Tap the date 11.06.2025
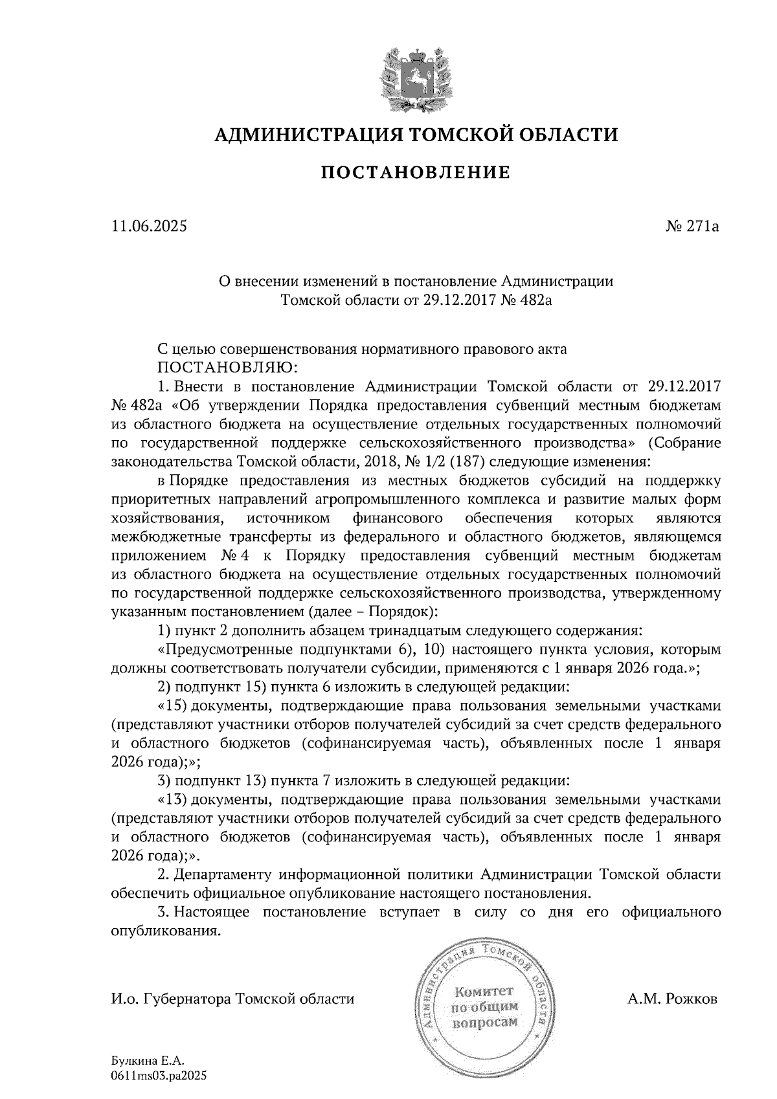point(148,227)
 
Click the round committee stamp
point(485,1005)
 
